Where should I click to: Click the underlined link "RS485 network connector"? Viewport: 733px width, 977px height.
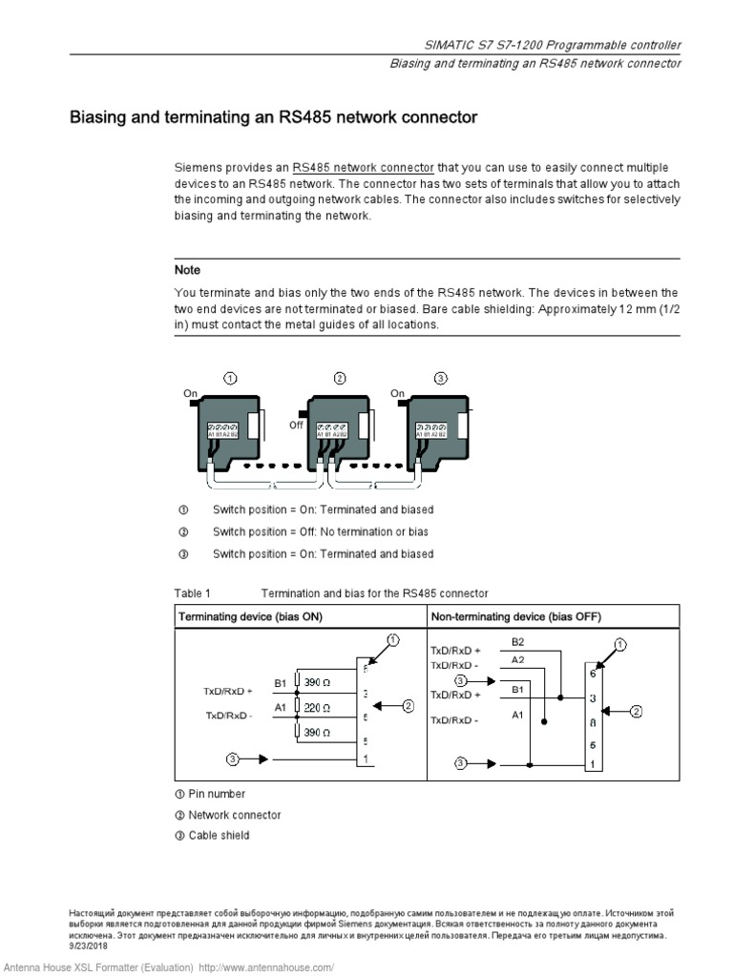[363, 167]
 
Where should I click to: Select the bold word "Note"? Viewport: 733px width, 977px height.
[187, 270]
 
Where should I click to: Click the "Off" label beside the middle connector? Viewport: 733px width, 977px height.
[296, 426]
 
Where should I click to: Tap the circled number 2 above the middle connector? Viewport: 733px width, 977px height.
[340, 379]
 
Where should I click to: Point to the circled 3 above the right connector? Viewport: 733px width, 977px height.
[440, 379]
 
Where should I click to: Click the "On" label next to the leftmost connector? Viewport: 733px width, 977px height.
[190, 393]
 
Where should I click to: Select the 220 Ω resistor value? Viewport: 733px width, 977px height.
[318, 708]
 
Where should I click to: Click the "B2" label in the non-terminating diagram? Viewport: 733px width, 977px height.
[518, 641]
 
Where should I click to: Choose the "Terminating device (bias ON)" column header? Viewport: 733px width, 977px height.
[251, 616]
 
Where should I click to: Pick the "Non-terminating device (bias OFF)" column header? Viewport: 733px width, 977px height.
[516, 616]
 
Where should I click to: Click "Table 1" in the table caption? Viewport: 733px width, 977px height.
[193, 592]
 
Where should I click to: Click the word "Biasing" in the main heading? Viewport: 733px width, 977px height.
[101, 118]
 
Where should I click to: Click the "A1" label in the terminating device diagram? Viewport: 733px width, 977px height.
[281, 708]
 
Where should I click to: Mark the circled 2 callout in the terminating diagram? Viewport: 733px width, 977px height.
[408, 706]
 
